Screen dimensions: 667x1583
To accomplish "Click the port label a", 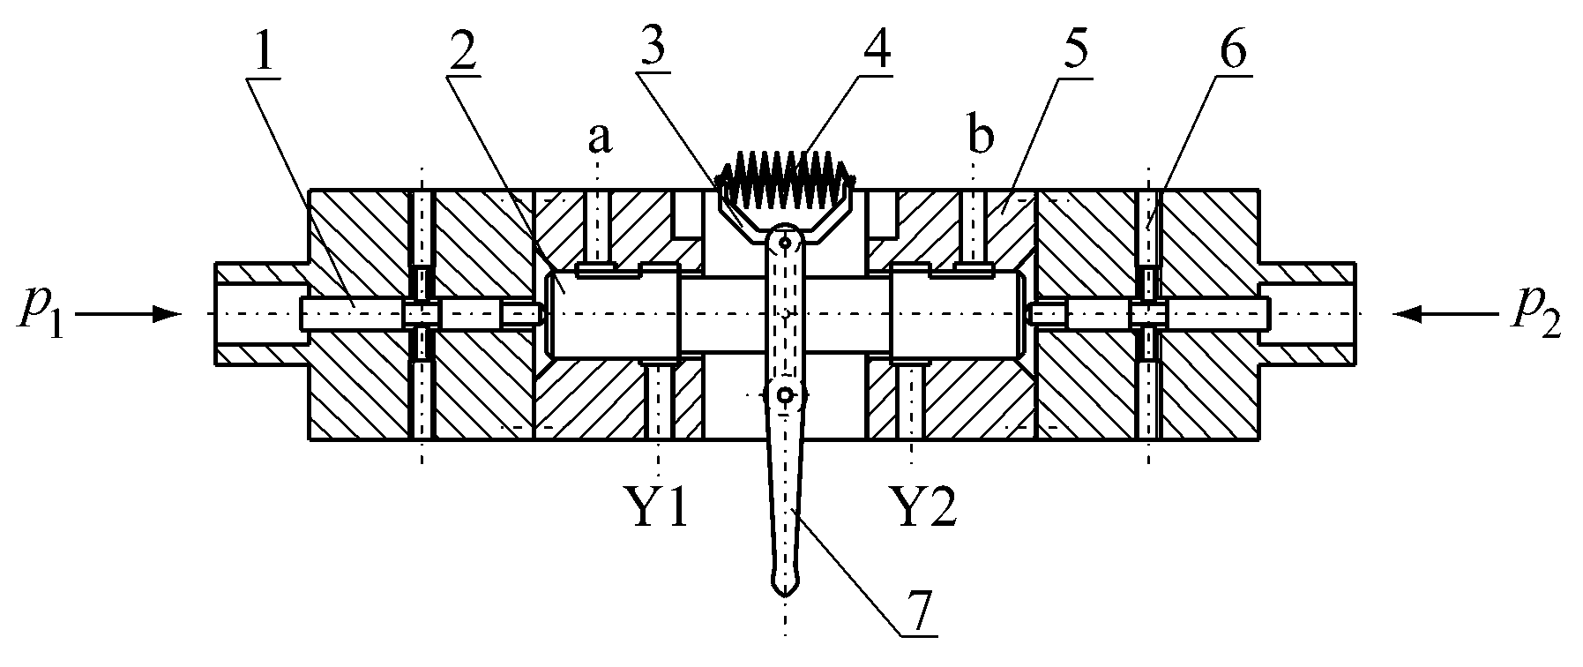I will [600, 139].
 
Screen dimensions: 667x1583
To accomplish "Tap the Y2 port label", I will [923, 510].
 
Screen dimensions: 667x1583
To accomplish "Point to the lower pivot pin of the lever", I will [783, 397].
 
